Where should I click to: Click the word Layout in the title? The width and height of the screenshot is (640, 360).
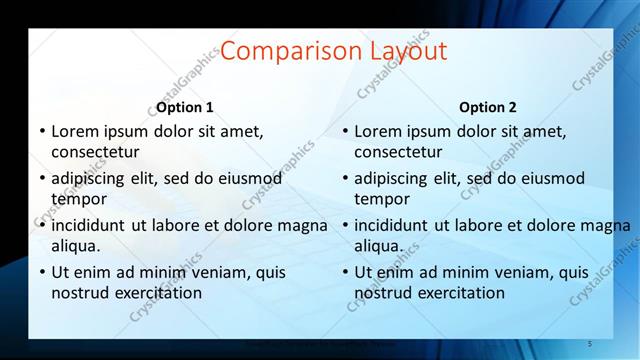(405, 52)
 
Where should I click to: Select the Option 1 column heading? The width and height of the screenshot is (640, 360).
(185, 107)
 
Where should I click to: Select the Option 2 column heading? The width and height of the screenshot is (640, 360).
(488, 107)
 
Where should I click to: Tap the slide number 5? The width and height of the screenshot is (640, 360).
(590, 344)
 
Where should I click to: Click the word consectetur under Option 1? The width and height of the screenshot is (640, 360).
(95, 152)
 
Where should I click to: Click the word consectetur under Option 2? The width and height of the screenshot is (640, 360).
(398, 152)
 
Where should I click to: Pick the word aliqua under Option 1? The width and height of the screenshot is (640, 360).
(75, 245)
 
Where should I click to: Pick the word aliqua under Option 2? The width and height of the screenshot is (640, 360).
(378, 245)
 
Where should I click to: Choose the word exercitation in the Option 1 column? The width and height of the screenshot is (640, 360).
(156, 293)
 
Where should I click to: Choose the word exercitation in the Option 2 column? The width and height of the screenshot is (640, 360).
(459, 293)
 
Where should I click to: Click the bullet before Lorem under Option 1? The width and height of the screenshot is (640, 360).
(42, 131)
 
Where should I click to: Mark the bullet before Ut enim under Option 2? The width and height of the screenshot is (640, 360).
(345, 272)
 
